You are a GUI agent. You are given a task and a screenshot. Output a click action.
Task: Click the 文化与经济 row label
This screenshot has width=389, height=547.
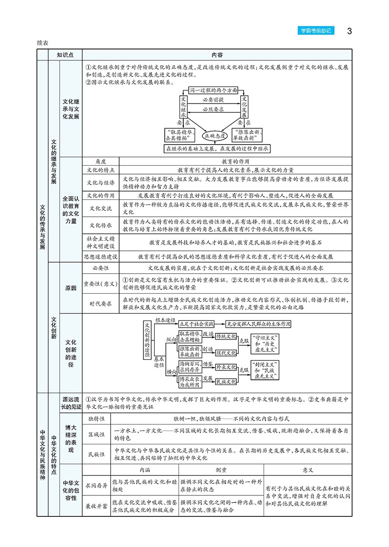101,183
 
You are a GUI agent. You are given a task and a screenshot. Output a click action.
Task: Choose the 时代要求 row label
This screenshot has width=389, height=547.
101,302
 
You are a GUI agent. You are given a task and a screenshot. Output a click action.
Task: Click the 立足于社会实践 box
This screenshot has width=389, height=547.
196,323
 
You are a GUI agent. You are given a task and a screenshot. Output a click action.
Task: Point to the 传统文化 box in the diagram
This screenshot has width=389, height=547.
226,336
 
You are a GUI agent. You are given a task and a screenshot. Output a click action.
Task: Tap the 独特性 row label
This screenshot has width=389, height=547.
97,418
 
